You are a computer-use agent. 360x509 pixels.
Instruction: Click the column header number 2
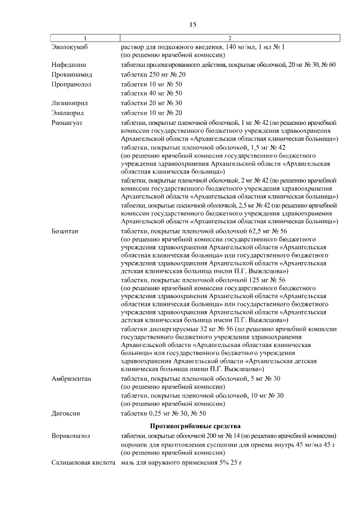point(229,38)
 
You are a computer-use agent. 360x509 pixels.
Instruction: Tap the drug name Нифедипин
point(68,65)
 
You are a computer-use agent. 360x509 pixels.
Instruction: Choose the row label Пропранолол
point(71,84)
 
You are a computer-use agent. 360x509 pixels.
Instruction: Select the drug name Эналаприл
point(67,112)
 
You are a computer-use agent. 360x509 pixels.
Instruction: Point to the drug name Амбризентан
point(71,379)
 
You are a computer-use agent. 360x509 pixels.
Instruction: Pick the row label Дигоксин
point(66,413)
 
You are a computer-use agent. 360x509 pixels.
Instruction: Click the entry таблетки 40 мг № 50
point(151,93)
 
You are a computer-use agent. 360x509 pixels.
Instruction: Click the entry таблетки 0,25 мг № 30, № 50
point(163,413)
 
